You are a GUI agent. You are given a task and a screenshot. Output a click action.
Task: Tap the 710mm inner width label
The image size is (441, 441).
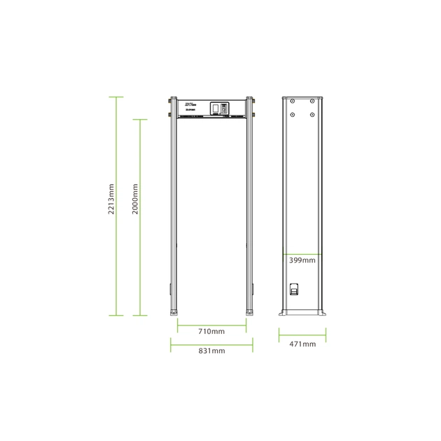[211, 330]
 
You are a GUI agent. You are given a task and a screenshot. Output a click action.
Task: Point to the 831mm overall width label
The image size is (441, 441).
[211, 351]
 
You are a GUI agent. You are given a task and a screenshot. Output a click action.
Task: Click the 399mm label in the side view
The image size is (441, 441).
[302, 260]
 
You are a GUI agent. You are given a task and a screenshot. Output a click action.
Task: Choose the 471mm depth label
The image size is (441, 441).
[302, 344]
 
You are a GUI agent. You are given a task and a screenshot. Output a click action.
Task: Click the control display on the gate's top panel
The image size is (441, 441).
[224, 108]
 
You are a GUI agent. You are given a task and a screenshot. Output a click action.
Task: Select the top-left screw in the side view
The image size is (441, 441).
[293, 101]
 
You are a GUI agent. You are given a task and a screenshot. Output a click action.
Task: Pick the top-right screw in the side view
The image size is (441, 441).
[311, 101]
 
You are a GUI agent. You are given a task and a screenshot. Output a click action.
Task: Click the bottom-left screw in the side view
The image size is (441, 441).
[293, 113]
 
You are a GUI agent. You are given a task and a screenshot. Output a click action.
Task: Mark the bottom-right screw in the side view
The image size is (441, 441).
[311, 113]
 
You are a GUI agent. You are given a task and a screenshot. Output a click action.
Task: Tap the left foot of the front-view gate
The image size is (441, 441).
[172, 312]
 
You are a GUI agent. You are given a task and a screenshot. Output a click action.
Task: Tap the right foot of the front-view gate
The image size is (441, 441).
[250, 312]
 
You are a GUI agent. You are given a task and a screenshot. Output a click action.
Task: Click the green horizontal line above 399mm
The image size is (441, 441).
[302, 252]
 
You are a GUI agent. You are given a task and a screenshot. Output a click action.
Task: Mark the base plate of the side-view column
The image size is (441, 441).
[302, 313]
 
